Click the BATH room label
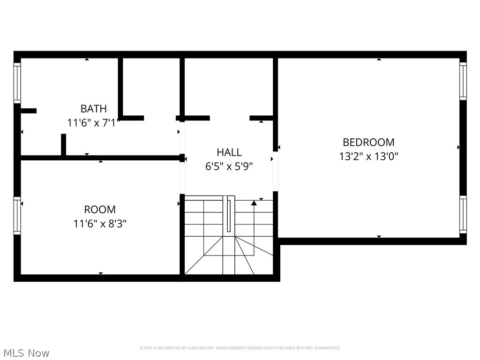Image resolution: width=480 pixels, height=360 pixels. coord(93,109)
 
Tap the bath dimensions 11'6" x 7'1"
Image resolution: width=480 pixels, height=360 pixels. coord(94,123)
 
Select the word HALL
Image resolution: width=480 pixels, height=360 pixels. coord(229,152)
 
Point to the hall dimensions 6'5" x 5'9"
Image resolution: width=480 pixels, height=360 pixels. coord(229,166)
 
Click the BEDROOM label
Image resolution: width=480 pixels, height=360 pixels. coord(368,142)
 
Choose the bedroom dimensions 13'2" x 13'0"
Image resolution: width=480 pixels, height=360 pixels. coord(368,157)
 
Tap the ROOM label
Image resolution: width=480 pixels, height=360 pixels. coord(100,210)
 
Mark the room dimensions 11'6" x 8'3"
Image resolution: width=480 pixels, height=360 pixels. coord(100,224)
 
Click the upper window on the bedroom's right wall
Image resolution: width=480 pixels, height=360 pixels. coord(463,81)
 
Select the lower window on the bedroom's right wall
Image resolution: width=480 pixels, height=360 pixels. coord(463,214)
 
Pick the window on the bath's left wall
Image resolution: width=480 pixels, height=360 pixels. coord(17,83)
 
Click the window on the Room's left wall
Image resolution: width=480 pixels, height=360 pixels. coord(17,216)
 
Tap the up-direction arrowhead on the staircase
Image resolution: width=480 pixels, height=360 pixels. coord(254,203)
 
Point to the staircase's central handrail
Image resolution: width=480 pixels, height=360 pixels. coord(229,214)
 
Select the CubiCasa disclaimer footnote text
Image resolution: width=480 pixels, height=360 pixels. coord(240,348)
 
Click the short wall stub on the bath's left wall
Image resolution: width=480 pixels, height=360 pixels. coord(28,111)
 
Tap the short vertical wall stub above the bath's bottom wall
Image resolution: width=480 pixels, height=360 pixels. coord(63,144)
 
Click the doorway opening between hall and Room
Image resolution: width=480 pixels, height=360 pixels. coord(182,178)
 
